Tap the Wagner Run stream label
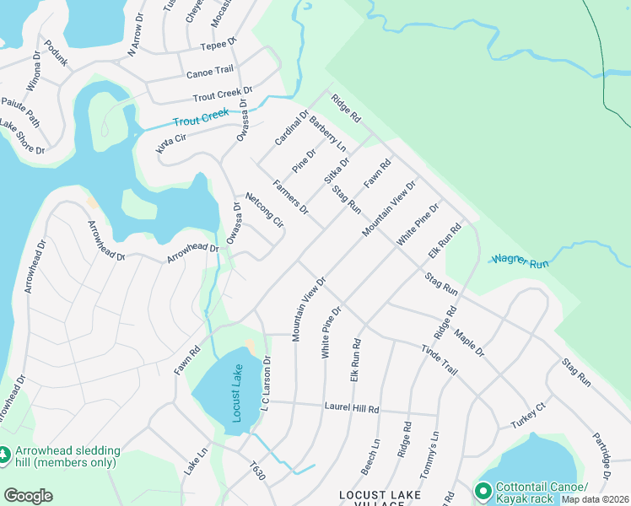tap(520, 261)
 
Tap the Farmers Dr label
tap(290, 196)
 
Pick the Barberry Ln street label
tap(328, 132)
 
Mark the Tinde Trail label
tap(439, 360)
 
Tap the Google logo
tap(28, 495)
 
